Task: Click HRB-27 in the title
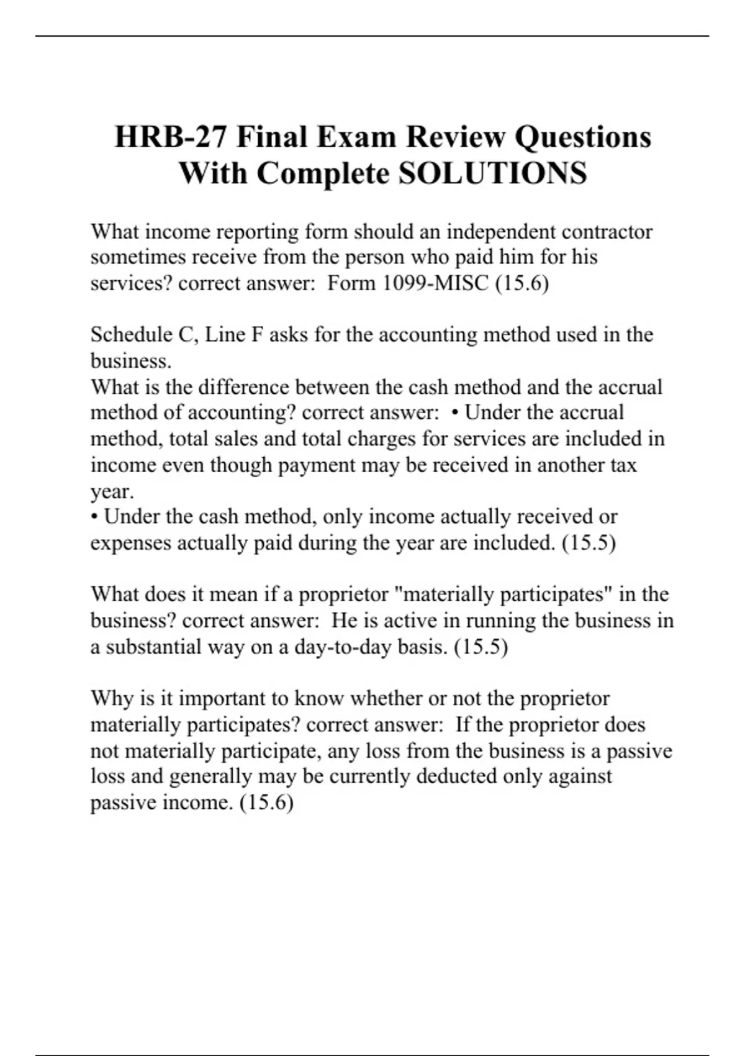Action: coord(169,137)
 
